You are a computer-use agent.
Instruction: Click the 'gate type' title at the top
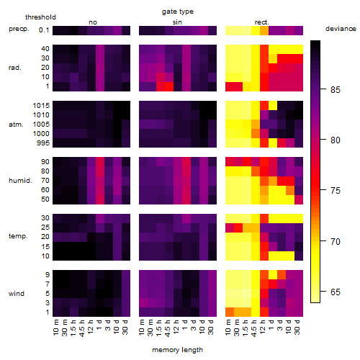coord(178,12)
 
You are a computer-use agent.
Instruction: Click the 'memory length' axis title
coord(177,350)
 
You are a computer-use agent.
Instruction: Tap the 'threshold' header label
coord(40,17)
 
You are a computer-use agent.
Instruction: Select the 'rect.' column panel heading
coord(261,22)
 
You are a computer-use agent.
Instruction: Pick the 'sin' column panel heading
coord(177,22)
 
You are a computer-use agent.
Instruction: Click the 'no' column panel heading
coord(93,22)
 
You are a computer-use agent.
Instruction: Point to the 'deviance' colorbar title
coord(341,29)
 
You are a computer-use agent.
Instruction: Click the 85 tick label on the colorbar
coord(335,90)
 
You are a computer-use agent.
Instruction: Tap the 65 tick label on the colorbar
coord(335,292)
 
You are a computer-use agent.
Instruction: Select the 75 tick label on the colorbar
coord(335,191)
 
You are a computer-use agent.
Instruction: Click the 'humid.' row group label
coord(20,181)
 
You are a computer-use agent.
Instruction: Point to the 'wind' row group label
coord(17,294)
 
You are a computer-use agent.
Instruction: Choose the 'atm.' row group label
coord(16,125)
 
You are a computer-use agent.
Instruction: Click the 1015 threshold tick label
coord(41,106)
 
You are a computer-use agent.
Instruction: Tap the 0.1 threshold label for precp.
coord(44,30)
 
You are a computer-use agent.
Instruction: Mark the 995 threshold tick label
coord(43,143)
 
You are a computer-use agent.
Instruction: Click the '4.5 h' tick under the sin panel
coord(168,328)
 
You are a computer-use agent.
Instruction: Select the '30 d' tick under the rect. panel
coord(297,327)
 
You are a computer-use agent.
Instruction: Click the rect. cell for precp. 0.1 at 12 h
coord(264,30)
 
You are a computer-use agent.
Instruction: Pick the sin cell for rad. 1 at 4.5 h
coord(169,86)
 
